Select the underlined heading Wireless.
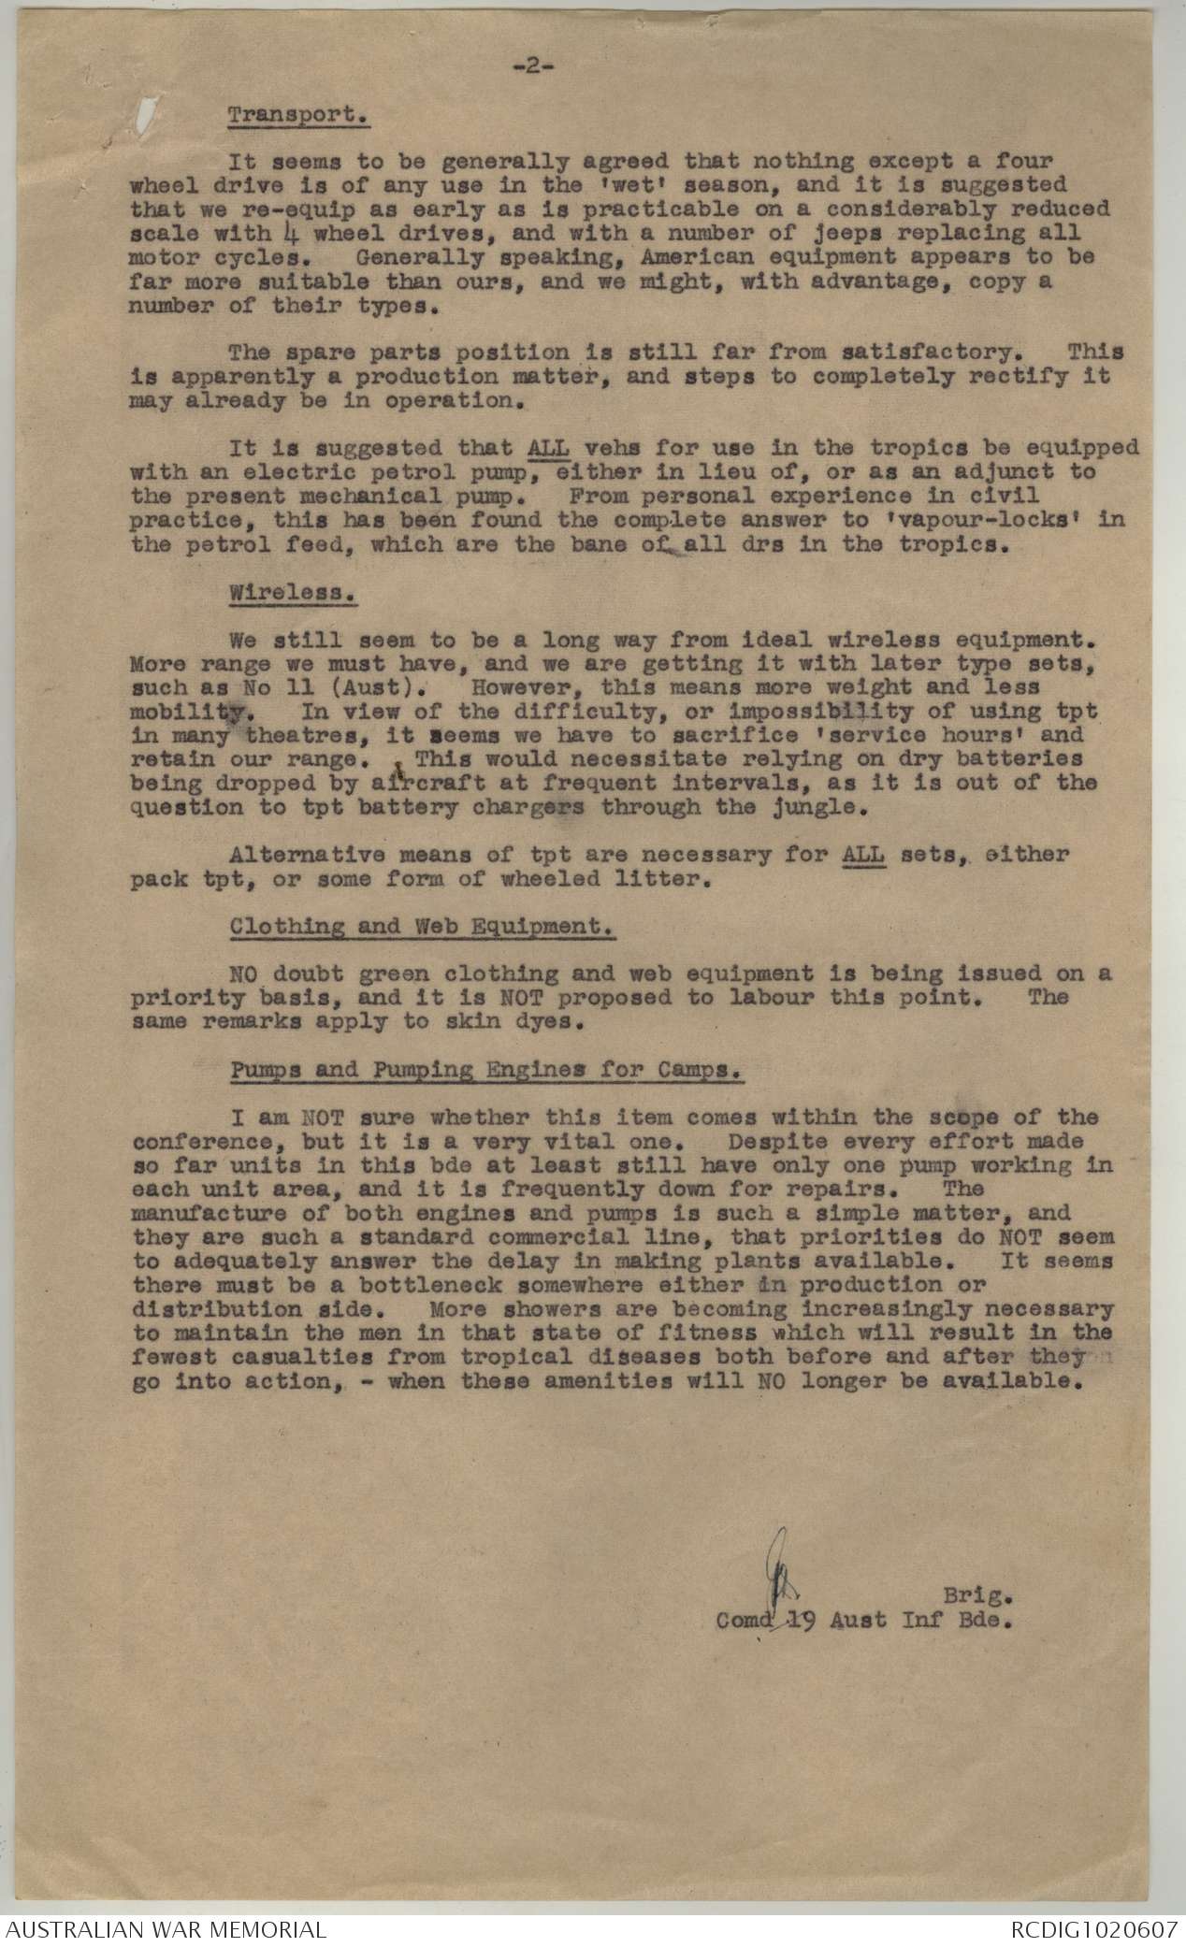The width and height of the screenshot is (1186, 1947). pyautogui.click(x=295, y=593)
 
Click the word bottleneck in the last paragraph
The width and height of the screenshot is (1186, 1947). pyautogui.click(x=383, y=1284)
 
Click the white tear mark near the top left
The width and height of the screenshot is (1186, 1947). pyautogui.click(x=146, y=115)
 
